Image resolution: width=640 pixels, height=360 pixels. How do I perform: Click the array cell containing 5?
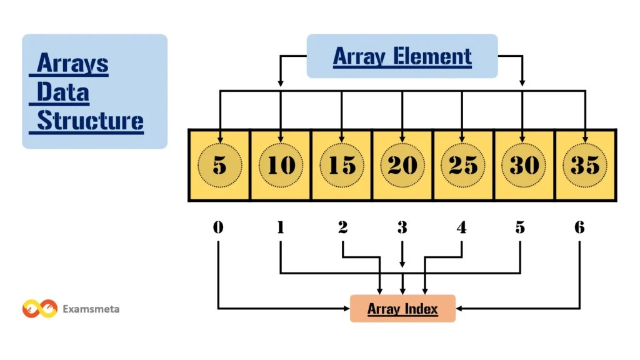pos(219,165)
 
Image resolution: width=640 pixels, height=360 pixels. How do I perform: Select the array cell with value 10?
pos(281,165)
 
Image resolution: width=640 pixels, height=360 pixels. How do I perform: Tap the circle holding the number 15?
pos(341,165)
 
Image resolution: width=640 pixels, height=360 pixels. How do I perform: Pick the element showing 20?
pos(402,165)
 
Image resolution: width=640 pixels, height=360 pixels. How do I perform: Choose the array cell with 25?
pos(462,165)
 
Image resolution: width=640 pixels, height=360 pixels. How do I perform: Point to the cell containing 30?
pos(523,165)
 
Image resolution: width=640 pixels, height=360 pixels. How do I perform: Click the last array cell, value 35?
pos(584,165)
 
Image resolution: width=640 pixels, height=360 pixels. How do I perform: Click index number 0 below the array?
pos(217,227)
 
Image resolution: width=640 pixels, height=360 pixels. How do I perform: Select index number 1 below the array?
pos(280,227)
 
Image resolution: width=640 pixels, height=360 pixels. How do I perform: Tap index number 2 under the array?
pos(342,227)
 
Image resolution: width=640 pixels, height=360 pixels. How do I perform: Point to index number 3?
pos(402,227)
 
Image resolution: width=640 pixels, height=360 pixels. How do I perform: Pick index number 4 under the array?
pos(461,227)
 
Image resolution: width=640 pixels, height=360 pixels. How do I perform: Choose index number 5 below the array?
pos(520,227)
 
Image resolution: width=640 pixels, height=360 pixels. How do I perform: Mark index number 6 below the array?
pos(579,227)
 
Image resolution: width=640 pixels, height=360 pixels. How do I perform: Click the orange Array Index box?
pos(402,308)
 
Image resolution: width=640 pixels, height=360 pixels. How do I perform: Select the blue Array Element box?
pos(402,56)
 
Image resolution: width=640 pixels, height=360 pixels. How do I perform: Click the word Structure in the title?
pos(90,121)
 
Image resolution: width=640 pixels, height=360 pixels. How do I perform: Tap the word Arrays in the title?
pos(72,63)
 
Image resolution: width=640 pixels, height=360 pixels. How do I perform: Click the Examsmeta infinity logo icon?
pos(40,309)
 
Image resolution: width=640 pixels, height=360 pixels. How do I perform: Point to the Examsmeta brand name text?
pos(91,309)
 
